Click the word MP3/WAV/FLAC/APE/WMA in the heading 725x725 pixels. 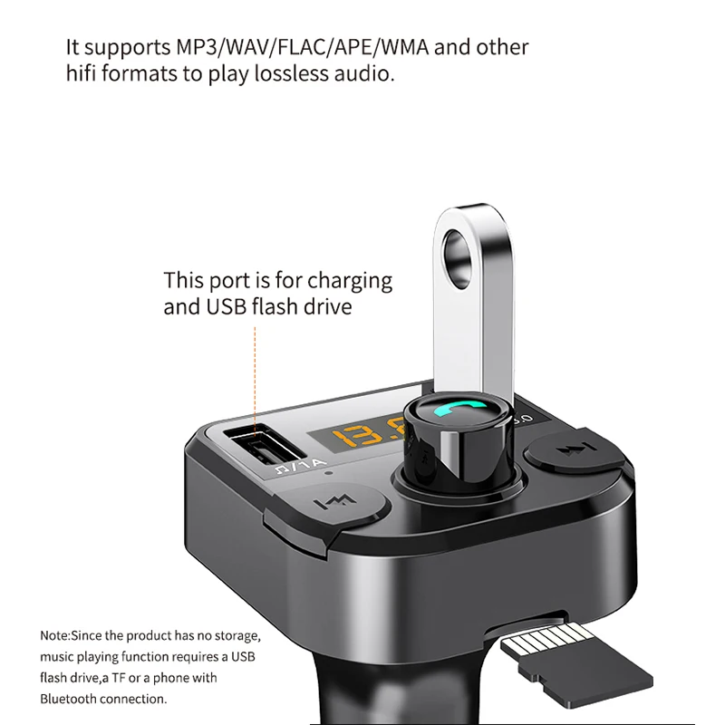point(302,47)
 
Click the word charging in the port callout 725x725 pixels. point(350,282)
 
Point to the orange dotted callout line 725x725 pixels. point(255,381)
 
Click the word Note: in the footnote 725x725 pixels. point(55,636)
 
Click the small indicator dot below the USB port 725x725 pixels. point(328,473)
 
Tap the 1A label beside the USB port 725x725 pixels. point(313,464)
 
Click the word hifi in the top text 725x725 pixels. point(82,73)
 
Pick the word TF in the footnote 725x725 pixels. point(119,678)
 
